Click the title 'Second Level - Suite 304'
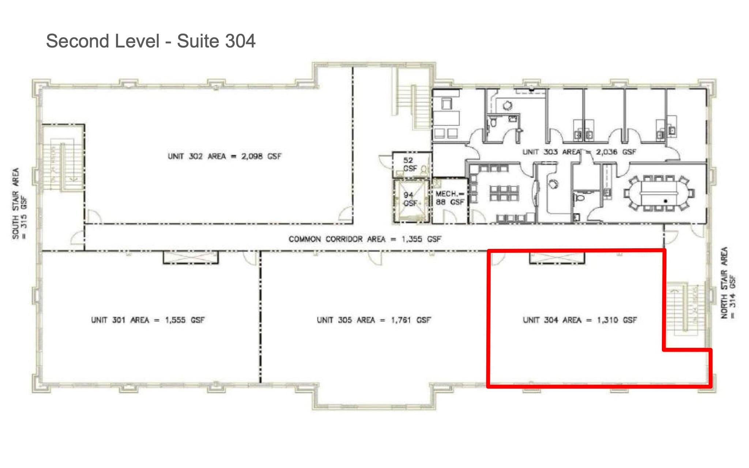coord(150,41)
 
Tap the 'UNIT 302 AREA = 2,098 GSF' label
coord(224,156)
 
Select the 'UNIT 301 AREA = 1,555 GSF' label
coord(148,320)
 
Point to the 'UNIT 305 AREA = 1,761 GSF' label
coord(374,320)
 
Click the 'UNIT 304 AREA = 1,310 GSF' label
coord(580,320)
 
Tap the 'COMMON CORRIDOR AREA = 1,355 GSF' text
coord(365,239)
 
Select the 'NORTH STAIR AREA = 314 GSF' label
coord(728,283)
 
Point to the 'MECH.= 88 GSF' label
coord(449,198)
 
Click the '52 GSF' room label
coord(409,164)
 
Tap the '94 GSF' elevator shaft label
coord(410,199)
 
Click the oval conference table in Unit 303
coord(658,193)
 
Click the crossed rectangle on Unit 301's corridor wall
coord(191,257)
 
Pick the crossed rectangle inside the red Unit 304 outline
coord(557,258)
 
